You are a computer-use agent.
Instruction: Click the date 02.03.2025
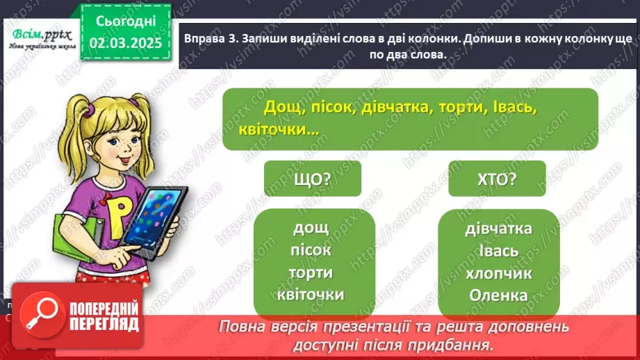pyautogui.click(x=125, y=43)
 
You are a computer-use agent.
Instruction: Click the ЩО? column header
pyautogui.click(x=313, y=179)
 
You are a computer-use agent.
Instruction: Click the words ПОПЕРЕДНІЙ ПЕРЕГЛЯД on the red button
pyautogui.click(x=104, y=317)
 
